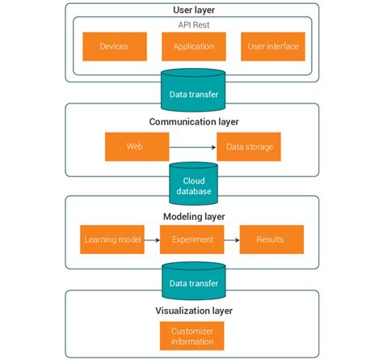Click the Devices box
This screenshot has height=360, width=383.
(x=114, y=47)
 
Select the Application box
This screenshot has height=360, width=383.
(x=193, y=47)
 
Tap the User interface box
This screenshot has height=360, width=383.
(x=272, y=47)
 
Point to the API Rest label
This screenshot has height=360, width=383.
(x=193, y=24)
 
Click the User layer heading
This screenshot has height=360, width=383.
(x=193, y=11)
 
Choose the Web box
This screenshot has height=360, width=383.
(x=137, y=147)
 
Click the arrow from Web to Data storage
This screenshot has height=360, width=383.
(x=192, y=148)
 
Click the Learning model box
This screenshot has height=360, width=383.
(x=112, y=240)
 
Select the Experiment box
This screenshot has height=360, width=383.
(x=192, y=240)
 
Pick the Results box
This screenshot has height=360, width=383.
(x=271, y=240)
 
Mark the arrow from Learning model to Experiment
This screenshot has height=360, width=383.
(x=152, y=240)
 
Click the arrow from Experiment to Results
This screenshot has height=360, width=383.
(x=231, y=240)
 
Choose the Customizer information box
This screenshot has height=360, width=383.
(x=192, y=335)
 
